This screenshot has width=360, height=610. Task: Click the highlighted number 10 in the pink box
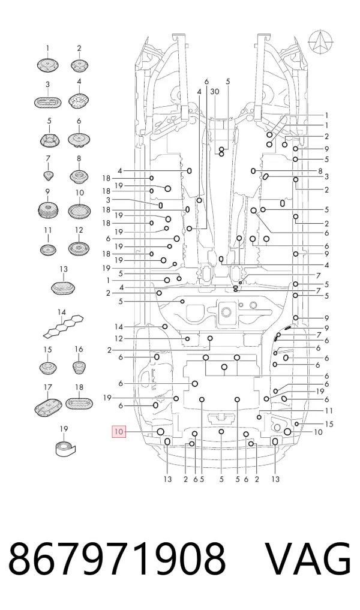coord(119,431)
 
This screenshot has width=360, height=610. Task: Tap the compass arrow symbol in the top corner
coord(320,41)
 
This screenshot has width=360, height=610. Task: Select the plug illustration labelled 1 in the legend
coord(47,65)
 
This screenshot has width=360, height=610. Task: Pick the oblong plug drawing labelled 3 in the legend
coord(47,103)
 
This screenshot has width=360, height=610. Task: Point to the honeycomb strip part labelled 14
coord(63,326)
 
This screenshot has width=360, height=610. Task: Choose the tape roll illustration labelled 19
coord(64,449)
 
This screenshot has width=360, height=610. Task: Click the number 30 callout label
coord(215,91)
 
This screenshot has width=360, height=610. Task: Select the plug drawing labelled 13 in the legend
coord(63,287)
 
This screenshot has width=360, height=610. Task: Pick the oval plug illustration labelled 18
coord(79,403)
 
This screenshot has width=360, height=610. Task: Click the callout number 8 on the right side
coord(320,171)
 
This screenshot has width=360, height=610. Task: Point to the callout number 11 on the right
coord(329,411)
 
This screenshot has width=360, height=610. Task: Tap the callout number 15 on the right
coord(329,423)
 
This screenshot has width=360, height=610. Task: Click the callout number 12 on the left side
coord(119,338)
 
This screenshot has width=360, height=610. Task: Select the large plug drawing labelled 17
coord(48,405)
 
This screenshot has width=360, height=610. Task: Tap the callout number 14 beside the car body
coord(119,327)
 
